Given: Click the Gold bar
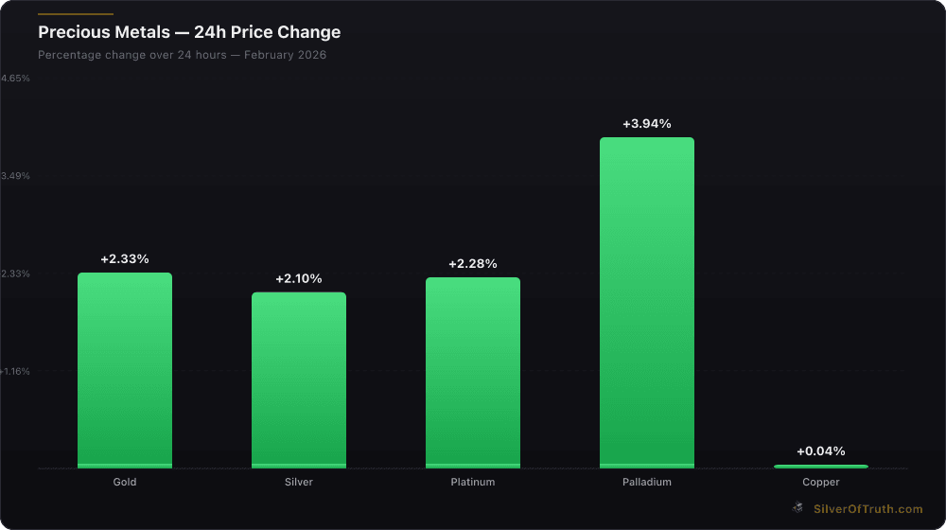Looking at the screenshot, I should [125, 370].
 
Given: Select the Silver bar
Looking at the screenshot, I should [299, 380].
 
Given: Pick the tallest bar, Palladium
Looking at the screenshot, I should [647, 303].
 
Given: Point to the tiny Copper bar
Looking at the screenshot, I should [821, 467].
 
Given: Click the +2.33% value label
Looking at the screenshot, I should [125, 258].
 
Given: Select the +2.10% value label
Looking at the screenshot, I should [299, 278].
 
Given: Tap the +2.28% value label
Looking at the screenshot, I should [473, 263].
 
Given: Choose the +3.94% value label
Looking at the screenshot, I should [647, 123].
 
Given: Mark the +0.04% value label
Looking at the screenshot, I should [821, 450].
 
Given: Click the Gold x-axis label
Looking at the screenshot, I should [125, 482].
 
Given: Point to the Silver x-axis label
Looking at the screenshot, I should [299, 482].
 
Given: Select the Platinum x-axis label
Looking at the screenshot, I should [473, 482].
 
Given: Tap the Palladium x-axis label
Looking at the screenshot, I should [647, 482].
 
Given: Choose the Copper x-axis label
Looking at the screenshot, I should [821, 482].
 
